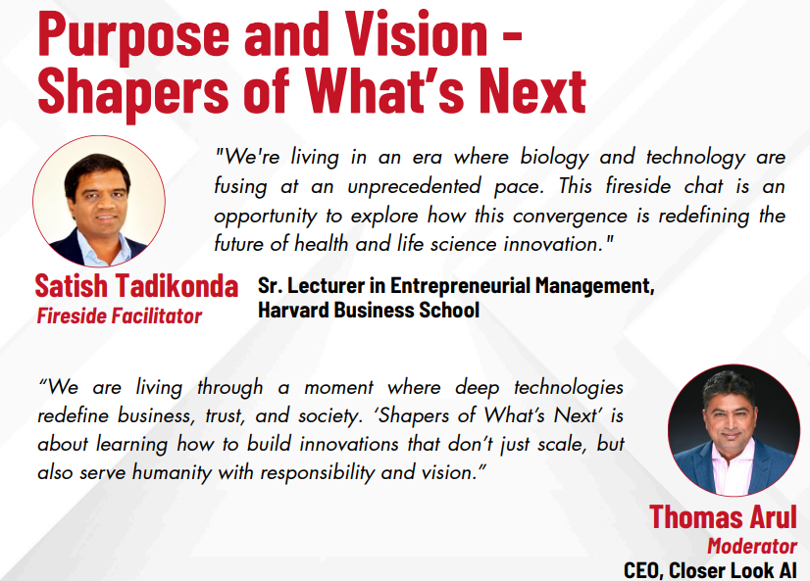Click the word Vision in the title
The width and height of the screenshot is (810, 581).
(416, 33)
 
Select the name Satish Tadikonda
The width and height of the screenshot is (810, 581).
(136, 285)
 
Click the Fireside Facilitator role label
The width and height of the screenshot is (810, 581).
(119, 315)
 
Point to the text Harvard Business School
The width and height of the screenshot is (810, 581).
(369, 311)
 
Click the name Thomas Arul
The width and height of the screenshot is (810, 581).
(723, 516)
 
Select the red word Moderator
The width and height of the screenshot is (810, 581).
(752, 546)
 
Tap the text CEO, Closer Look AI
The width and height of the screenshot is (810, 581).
(710, 570)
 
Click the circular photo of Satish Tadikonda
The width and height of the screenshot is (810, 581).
(99, 201)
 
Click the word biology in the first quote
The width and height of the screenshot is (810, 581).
(554, 158)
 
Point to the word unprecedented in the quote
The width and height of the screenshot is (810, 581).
(414, 186)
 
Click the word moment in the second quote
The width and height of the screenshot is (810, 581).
(338, 388)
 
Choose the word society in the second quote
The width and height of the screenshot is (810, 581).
(329, 416)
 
